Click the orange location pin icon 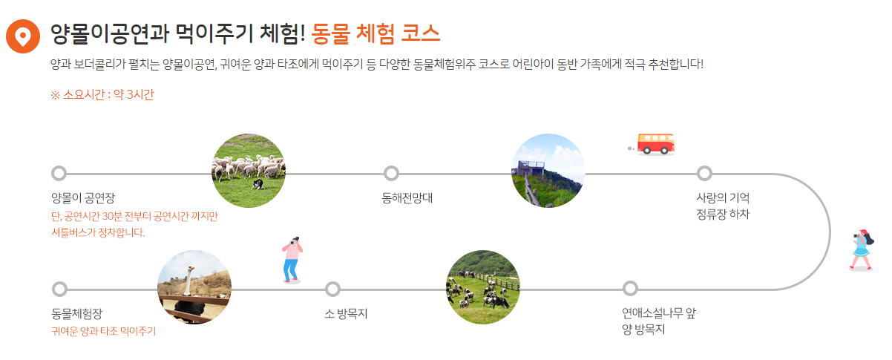(23, 36)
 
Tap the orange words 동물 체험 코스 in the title (376, 33)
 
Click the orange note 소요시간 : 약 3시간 (102, 95)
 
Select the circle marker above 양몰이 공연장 (59, 174)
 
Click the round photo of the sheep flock (249, 170)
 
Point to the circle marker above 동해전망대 (392, 174)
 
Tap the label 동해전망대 (407, 198)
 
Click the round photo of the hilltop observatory (548, 170)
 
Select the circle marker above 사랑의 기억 (704, 174)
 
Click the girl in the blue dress (861, 249)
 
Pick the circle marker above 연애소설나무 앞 (630, 288)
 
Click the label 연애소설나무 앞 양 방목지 (658, 321)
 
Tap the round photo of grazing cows (482, 287)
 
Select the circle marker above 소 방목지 (332, 288)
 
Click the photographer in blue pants (292, 259)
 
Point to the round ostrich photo (194, 287)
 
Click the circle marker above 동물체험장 (59, 288)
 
